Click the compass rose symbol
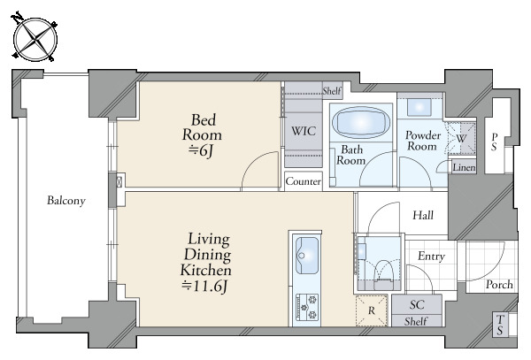click(x=35, y=39)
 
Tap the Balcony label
click(x=66, y=200)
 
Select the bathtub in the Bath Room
click(x=361, y=122)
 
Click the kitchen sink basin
click(x=307, y=255)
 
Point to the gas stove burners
click(x=307, y=307)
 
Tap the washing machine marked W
click(x=461, y=138)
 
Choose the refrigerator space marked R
click(x=372, y=310)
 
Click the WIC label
click(x=304, y=131)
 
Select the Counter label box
click(x=303, y=181)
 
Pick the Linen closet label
click(x=464, y=167)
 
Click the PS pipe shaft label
click(x=495, y=142)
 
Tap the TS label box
click(x=500, y=325)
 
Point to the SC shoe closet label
click(x=417, y=304)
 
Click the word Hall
click(x=423, y=215)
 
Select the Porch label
click(x=499, y=285)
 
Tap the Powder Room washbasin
click(x=419, y=108)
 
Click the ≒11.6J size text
click(x=204, y=287)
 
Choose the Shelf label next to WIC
click(x=332, y=91)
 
